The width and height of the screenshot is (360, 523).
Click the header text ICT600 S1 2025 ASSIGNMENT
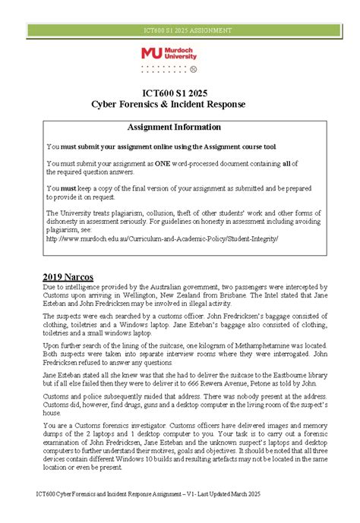pos(179,30)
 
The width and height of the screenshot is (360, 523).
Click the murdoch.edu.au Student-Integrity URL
pos(163,238)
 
